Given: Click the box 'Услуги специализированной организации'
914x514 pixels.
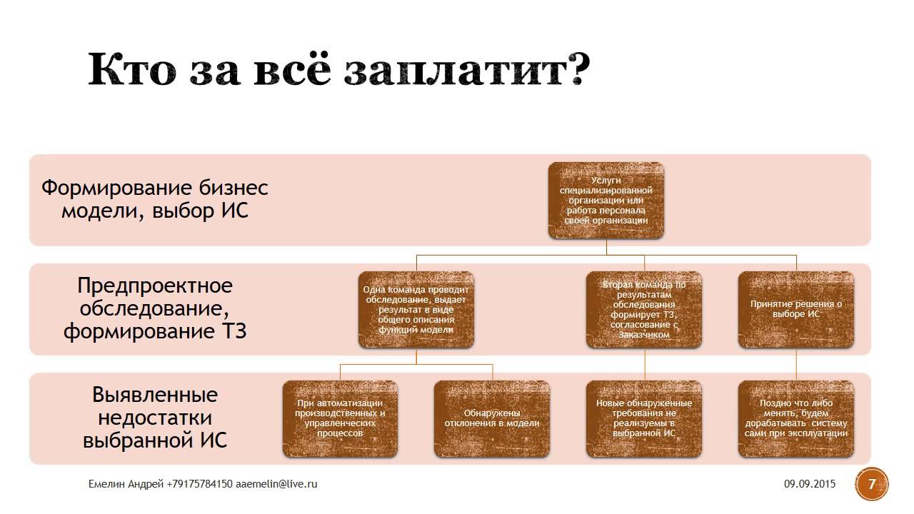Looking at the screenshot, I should (606, 201).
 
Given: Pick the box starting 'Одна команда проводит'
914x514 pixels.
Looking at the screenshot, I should (416, 310).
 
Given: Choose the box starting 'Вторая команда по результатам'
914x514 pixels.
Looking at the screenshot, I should (643, 310).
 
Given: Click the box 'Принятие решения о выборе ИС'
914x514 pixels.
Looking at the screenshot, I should (796, 310).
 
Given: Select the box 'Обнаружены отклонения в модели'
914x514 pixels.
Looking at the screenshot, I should (492, 418).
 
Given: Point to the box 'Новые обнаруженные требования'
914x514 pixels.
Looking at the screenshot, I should (643, 418).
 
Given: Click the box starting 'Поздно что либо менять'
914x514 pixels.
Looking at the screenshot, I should (796, 418).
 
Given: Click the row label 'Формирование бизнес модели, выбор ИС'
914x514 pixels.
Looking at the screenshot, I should (155, 200).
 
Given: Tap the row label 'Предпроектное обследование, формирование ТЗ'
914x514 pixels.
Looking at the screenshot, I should (155, 308).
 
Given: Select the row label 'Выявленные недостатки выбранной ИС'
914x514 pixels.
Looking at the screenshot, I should (155, 418).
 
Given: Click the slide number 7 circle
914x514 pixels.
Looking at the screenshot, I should (871, 484).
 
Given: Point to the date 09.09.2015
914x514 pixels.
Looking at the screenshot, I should (809, 484).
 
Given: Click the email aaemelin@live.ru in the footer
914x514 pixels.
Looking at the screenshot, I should (276, 484).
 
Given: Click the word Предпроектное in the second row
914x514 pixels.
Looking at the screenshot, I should (155, 286).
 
